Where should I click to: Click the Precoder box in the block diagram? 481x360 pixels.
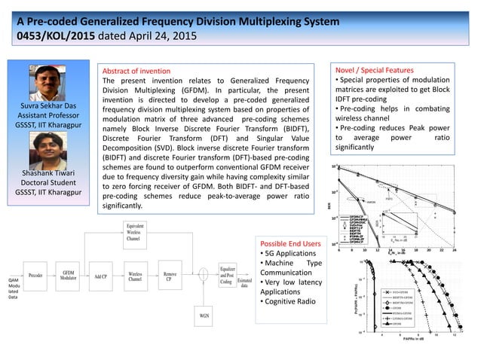[35, 276]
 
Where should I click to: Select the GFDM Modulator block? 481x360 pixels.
[69, 276]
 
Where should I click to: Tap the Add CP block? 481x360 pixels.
[101, 276]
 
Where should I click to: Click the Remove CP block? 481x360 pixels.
[171, 276]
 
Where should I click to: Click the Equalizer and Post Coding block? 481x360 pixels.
[228, 276]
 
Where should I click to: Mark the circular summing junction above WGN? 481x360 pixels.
[204, 276]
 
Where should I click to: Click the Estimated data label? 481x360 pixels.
[245, 282]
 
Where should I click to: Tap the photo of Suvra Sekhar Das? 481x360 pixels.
[50, 82]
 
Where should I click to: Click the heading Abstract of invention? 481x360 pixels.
[136, 71]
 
